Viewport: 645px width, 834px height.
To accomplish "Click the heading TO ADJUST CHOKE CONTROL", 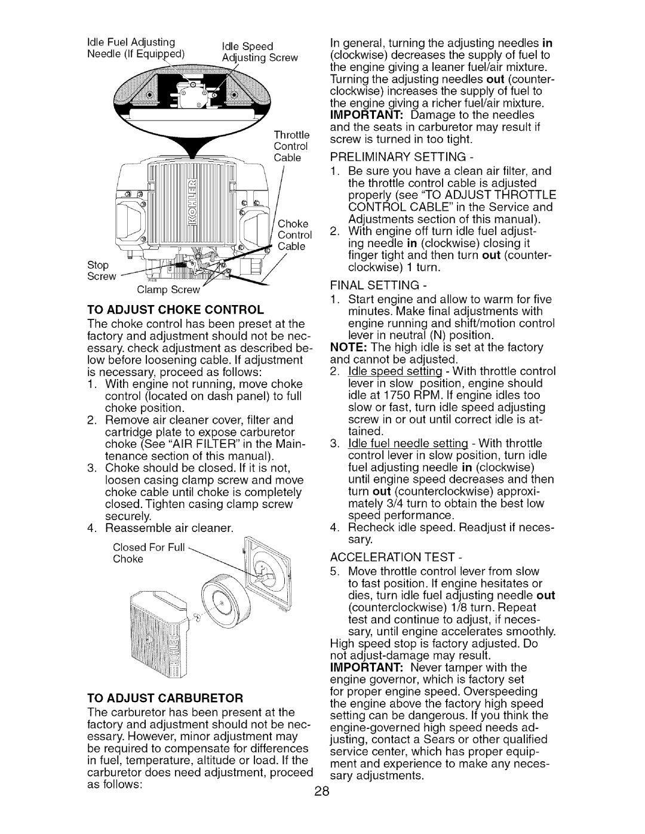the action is pyautogui.click(x=176, y=310).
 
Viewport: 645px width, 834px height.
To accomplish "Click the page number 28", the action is pyautogui.click(x=322, y=802).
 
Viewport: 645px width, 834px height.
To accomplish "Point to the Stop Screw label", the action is pyautogui.click(x=102, y=270).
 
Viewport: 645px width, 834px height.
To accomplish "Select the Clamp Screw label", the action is pyautogui.click(x=168, y=290).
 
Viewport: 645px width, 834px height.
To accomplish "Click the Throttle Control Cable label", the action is pyautogui.click(x=291, y=146).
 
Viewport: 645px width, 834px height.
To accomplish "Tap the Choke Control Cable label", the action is pyautogui.click(x=294, y=235).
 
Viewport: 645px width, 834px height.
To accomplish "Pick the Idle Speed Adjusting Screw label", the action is pyautogui.click(x=260, y=52).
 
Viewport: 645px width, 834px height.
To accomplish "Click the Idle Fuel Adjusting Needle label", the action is pyautogui.click(x=136, y=47).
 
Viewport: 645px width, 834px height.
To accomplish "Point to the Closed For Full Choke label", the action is pyautogui.click(x=149, y=553).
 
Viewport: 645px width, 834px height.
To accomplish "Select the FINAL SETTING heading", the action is pyautogui.click(x=378, y=285).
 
